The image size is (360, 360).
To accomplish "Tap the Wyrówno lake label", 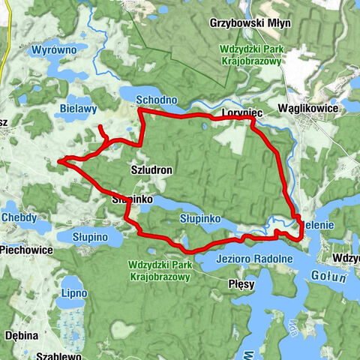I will coord(52,51).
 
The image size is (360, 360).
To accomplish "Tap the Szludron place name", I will coord(151,170).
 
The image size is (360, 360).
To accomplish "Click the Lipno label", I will coord(74,291).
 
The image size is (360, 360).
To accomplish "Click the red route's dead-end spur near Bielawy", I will coord(101,128).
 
